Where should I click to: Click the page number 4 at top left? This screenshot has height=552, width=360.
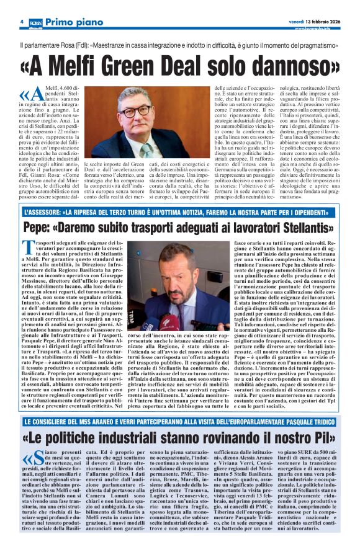22,21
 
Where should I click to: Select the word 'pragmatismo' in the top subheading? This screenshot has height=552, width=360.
311,45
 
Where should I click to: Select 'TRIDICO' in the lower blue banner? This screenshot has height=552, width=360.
318,422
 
